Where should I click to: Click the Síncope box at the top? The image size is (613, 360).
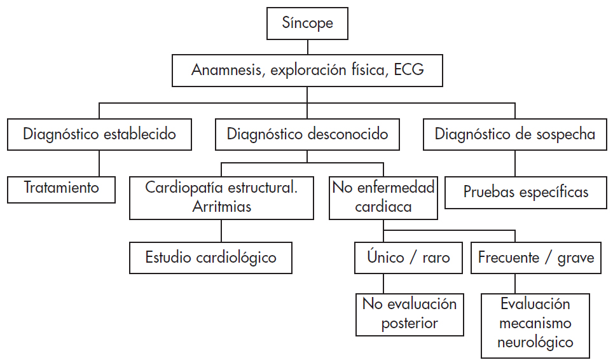(x=307, y=24)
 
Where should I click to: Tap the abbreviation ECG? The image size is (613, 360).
(x=409, y=70)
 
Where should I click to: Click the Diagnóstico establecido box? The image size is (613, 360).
(x=99, y=134)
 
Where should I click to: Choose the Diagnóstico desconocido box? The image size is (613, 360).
(x=307, y=134)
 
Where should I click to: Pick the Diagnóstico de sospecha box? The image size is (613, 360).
(x=515, y=134)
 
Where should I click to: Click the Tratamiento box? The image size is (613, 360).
(x=62, y=188)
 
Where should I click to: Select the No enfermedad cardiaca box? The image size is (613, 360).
(x=383, y=197)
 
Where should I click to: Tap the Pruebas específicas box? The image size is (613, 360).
(x=526, y=191)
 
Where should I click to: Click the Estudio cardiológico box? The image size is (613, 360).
(x=210, y=258)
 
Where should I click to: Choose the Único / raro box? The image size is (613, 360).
(x=408, y=258)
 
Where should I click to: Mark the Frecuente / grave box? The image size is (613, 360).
(x=535, y=258)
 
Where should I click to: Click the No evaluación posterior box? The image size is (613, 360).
(x=410, y=314)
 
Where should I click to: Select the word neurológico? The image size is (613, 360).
(x=535, y=342)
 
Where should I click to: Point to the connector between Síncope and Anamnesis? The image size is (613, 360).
(x=307, y=46)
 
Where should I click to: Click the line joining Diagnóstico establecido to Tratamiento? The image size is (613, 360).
(x=99, y=163)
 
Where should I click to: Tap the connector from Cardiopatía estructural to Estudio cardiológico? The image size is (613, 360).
(x=221, y=231)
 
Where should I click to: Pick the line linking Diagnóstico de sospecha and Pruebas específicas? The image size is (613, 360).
(x=515, y=162)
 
